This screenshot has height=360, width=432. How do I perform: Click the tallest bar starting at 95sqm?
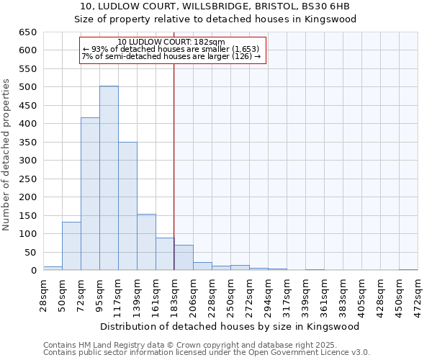tap(109, 178)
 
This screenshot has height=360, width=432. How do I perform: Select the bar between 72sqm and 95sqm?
tap(90, 194)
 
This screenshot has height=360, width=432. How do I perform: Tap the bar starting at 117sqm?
tap(127, 206)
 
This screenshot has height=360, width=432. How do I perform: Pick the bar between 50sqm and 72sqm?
tap(71, 246)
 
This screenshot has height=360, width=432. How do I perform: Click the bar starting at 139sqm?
tap(146, 242)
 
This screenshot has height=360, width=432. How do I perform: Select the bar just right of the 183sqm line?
tap(184, 258)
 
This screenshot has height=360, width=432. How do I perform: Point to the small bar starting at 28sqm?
tap(53, 268)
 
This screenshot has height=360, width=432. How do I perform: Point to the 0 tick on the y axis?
tap(33, 271)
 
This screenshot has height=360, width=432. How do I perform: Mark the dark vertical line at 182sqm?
tap(174, 166)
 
